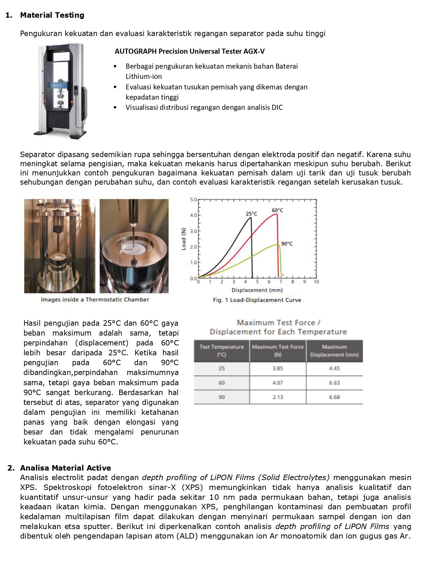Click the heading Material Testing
(52, 15)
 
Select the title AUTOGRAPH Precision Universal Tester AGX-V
(190, 51)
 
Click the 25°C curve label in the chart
(251, 214)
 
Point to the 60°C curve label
(277, 210)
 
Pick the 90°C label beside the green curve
(287, 243)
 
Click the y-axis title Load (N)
(184, 239)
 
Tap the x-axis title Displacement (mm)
(257, 290)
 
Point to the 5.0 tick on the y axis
(193, 200)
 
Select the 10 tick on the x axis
(316, 282)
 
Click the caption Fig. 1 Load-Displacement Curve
(257, 300)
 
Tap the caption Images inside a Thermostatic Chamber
(95, 300)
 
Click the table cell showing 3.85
(277, 368)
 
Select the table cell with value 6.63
(334, 382)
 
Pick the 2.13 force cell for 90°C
(277, 397)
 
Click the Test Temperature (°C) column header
(221, 351)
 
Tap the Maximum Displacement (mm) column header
(334, 351)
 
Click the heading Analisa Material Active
(65, 468)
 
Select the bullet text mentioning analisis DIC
(204, 107)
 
